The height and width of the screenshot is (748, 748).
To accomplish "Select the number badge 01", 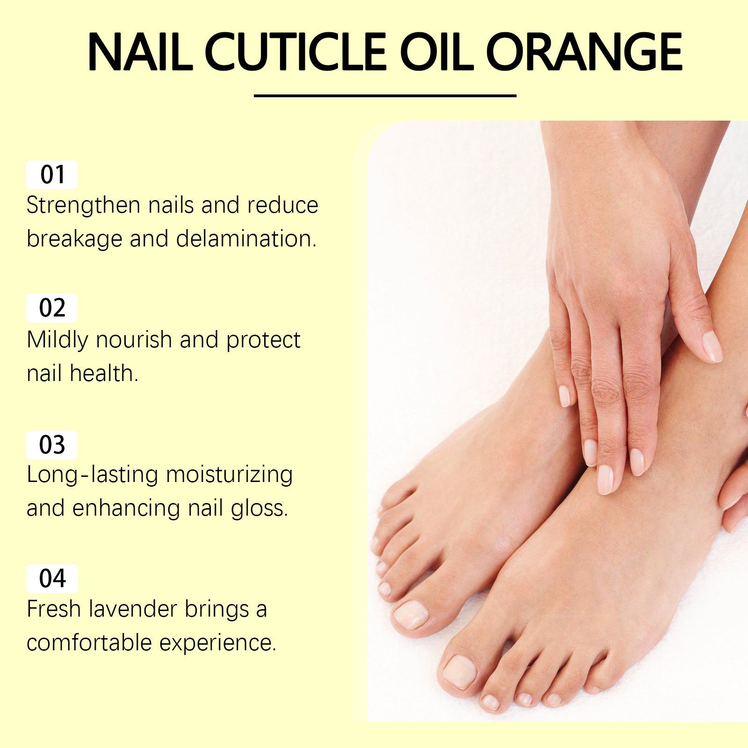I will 52,175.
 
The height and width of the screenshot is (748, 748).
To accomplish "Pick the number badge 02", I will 52,308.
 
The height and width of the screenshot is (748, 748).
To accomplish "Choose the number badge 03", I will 52,445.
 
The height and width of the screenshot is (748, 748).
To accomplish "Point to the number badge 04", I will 52,578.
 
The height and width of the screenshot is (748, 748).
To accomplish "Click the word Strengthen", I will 83,206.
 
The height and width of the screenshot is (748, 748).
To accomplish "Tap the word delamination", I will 246,239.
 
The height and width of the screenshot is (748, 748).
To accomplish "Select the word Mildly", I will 57,340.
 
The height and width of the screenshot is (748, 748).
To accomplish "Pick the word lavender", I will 133,609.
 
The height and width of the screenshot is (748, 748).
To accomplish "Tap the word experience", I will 217,643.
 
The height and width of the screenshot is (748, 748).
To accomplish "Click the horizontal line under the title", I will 385,96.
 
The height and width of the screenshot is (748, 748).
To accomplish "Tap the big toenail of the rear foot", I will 410,614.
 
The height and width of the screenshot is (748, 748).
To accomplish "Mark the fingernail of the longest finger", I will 605,479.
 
